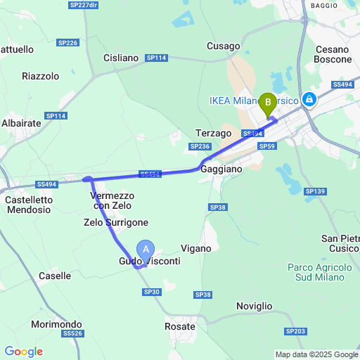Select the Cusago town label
(x=224, y=46)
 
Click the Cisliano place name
(x=121, y=58)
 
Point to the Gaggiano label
(x=221, y=169)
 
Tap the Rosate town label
(x=179, y=326)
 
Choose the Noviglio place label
(x=254, y=306)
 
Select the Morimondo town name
(x=57, y=324)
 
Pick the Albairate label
(x=22, y=122)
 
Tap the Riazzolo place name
(x=41, y=75)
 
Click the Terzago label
(x=214, y=133)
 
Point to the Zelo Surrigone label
(x=116, y=222)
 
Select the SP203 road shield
(x=295, y=330)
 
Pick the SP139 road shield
(x=315, y=191)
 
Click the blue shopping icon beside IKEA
(x=308, y=101)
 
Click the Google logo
(x=23, y=352)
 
